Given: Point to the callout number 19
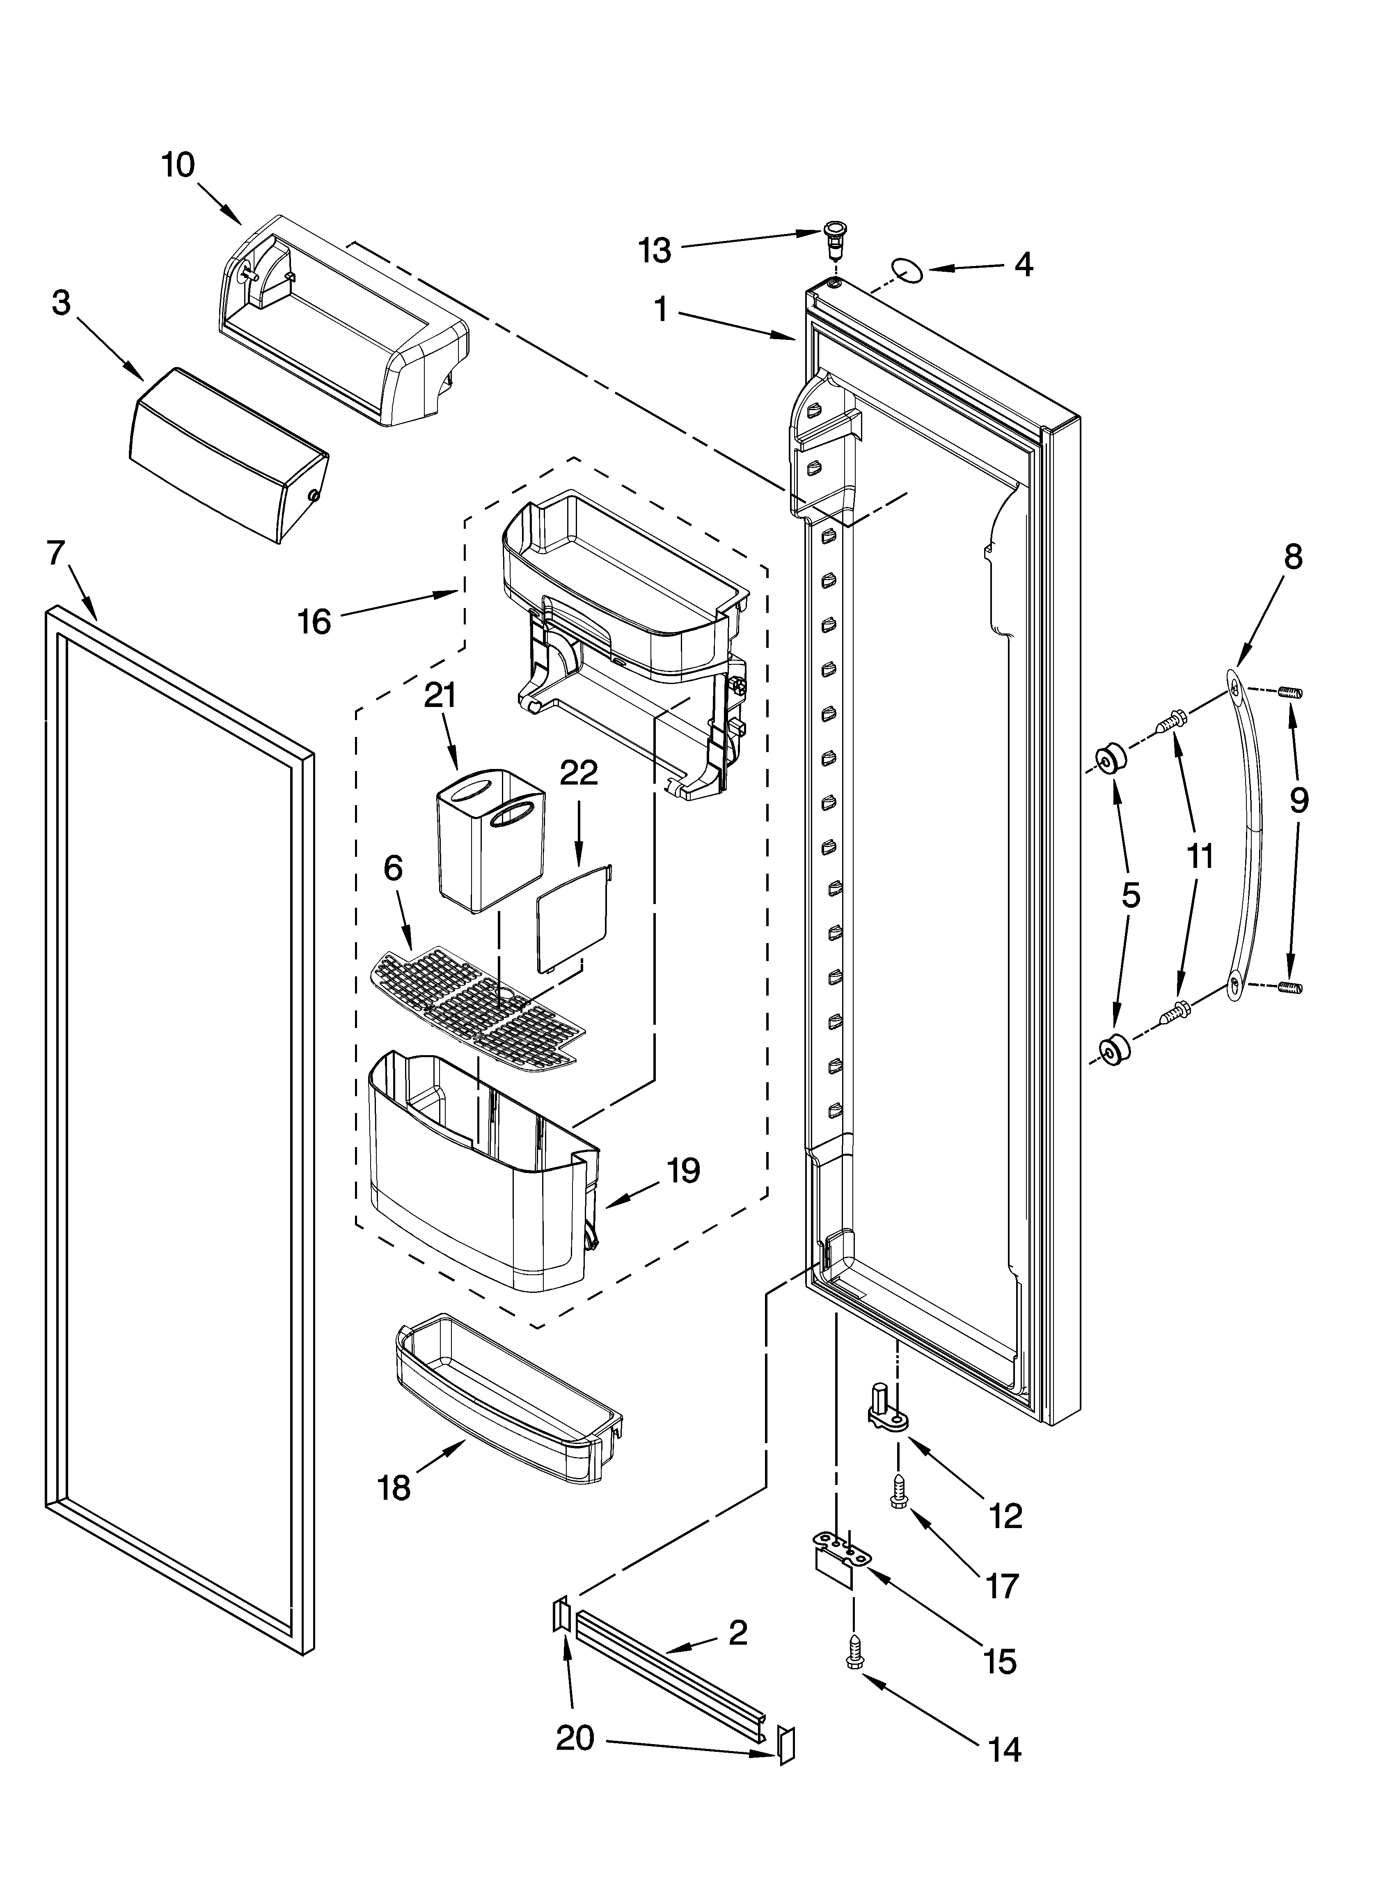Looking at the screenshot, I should pos(683,1170).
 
